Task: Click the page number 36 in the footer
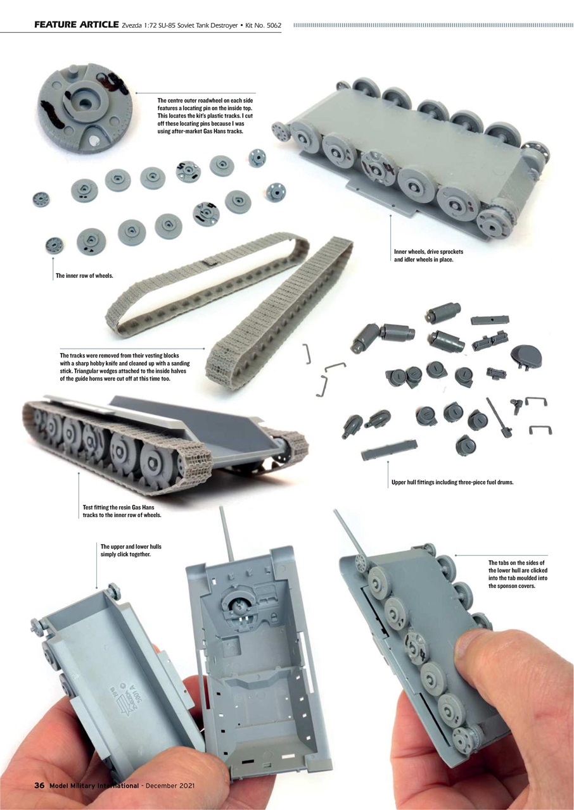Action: point(39,785)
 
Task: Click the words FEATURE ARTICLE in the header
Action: point(76,25)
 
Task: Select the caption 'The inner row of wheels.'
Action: point(84,275)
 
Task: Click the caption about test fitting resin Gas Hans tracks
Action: point(122,511)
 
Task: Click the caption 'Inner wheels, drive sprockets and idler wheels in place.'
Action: point(428,256)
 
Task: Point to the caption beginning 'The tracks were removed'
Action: point(124,367)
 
